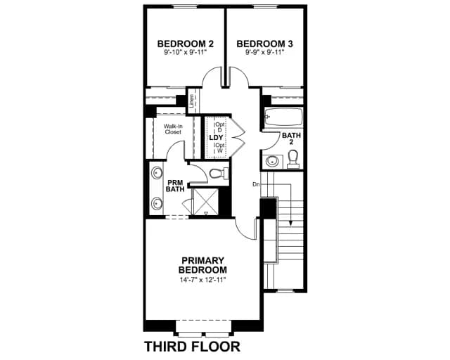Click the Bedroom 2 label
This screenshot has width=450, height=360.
186,44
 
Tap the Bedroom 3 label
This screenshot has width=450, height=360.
264,44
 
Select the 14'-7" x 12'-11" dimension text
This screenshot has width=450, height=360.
203,280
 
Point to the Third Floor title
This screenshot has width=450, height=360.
192,347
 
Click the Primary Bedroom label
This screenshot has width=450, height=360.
202,265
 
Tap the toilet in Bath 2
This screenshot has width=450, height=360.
293,160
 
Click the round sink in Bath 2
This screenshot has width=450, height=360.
271,161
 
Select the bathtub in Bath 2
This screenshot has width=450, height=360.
283,117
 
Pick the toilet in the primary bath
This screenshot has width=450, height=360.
219,174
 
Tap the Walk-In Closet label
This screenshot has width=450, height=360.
173,129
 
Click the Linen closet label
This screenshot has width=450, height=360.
192,101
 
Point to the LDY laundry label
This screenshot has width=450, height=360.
216,138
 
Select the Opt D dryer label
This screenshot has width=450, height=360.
220,127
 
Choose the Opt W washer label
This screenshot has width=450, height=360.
220,148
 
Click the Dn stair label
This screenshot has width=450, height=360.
256,184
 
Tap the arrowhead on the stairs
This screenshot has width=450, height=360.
291,222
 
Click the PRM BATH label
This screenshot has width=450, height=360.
175,186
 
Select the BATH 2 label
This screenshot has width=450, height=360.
291,139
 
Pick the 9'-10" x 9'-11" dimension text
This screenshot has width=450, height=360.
186,52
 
